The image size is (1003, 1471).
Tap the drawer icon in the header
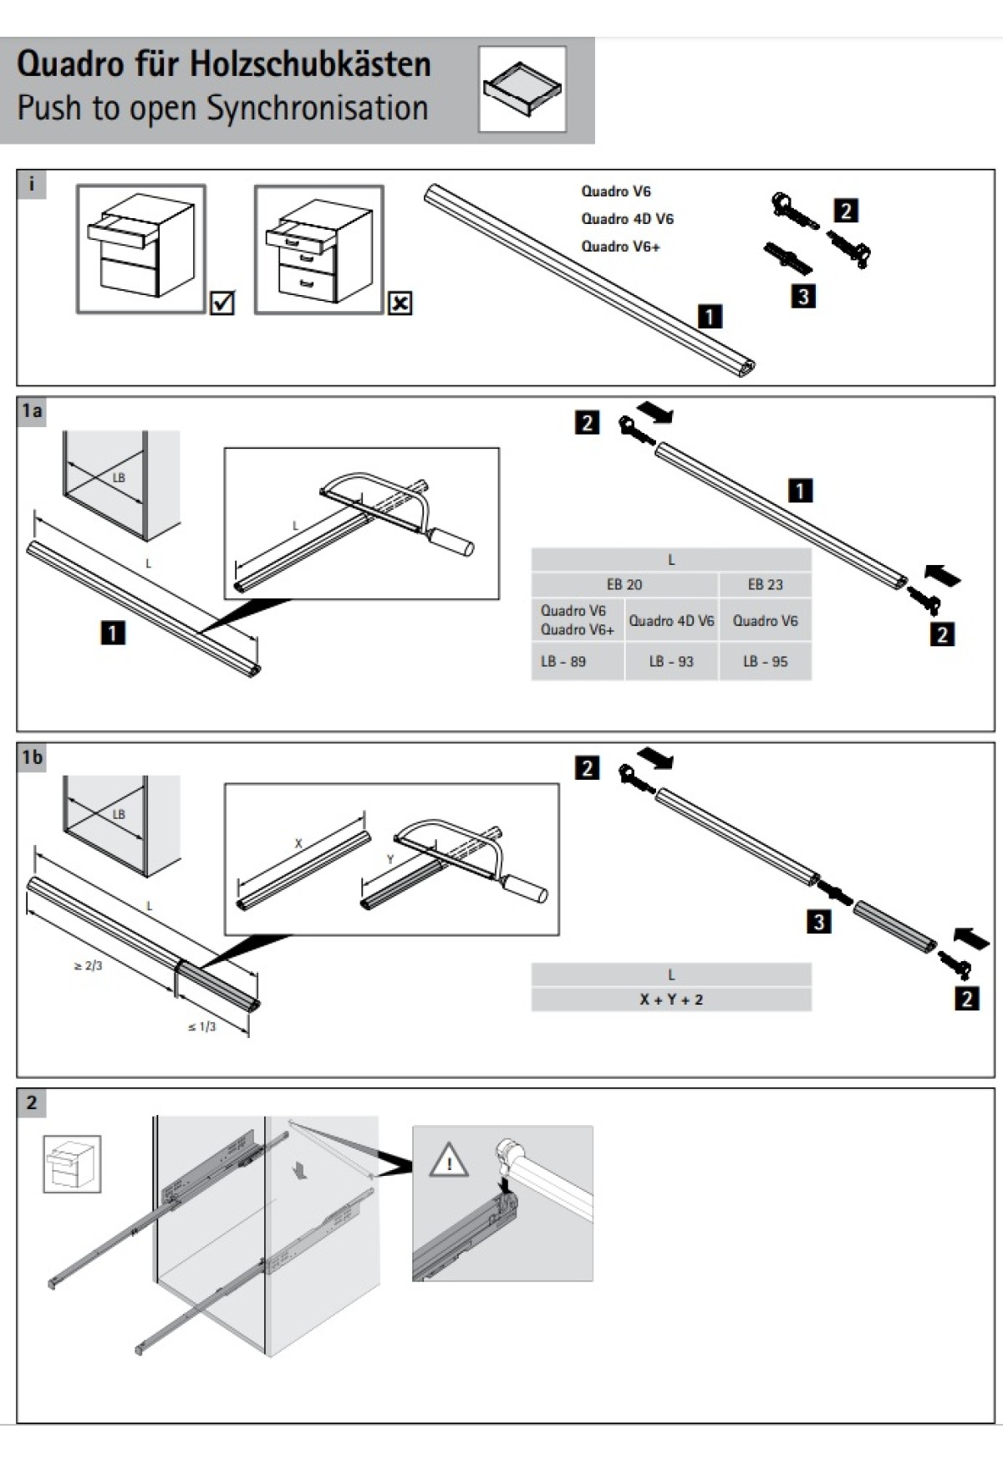522,89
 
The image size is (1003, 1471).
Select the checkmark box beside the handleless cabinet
222,302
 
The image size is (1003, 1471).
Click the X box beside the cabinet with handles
400,303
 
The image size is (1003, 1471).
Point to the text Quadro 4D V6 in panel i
627,219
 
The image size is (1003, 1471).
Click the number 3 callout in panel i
802,297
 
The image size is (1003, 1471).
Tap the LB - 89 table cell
563,661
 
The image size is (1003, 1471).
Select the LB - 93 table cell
671,661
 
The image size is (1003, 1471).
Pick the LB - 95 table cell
765,661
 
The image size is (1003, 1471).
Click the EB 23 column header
765,584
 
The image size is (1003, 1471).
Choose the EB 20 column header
624,584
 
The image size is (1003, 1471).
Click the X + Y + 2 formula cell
671,999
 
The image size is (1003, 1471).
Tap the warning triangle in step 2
448,1161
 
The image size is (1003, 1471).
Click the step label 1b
32,757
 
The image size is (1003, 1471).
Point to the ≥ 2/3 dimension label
88,966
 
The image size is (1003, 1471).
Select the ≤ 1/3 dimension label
201,1026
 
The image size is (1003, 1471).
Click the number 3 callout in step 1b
819,922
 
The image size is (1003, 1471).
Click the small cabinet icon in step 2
72,1163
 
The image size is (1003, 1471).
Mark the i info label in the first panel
32,184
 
